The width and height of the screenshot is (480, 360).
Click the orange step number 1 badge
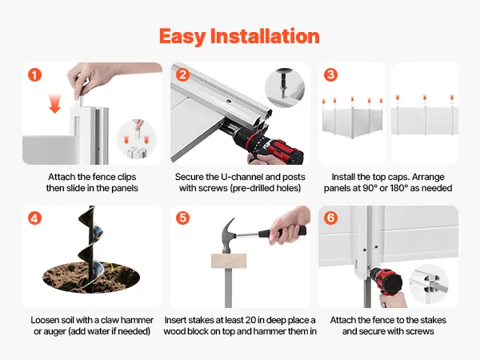click(34, 75)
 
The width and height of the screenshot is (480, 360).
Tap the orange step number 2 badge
click(182, 75)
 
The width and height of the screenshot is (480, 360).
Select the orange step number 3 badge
click(331, 74)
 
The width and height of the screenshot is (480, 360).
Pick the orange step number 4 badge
click(34, 218)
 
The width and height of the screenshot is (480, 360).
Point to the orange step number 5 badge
click(182, 218)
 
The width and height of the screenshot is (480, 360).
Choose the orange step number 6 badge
click(331, 218)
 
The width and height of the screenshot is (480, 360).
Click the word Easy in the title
click(182, 37)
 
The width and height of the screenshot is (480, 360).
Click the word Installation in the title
click(265, 36)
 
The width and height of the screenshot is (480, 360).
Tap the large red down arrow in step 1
click(54, 103)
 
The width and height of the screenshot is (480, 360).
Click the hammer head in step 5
click(229, 235)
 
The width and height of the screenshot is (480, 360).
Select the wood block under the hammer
click(229, 261)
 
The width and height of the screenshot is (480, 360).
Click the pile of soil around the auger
click(91, 277)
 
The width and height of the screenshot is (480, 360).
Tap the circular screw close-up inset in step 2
click(285, 88)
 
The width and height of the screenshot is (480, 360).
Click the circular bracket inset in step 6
click(429, 284)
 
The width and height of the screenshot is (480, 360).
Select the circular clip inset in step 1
click(137, 139)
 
